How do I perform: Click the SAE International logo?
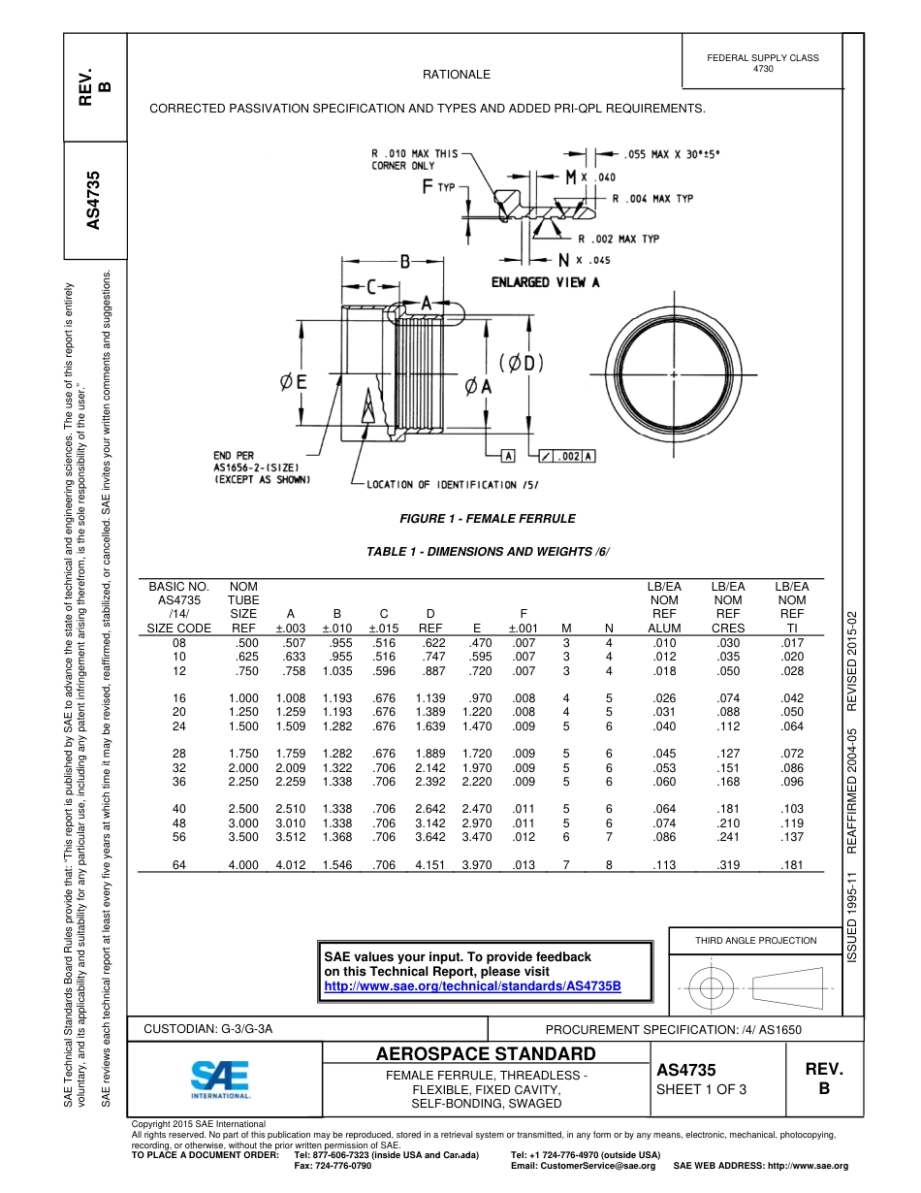(220, 1079)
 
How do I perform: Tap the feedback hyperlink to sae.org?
(471, 986)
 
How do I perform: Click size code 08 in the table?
(178, 642)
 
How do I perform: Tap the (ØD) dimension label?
(522, 364)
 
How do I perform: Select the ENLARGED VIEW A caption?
(545, 282)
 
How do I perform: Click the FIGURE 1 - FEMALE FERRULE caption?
(488, 519)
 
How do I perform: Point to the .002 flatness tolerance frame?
(566, 456)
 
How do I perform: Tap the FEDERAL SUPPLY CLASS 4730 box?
(762, 63)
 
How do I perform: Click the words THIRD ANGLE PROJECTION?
(755, 940)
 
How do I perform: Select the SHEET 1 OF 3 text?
(701, 1090)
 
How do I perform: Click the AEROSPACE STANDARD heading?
(486, 1054)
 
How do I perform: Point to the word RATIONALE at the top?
(457, 75)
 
